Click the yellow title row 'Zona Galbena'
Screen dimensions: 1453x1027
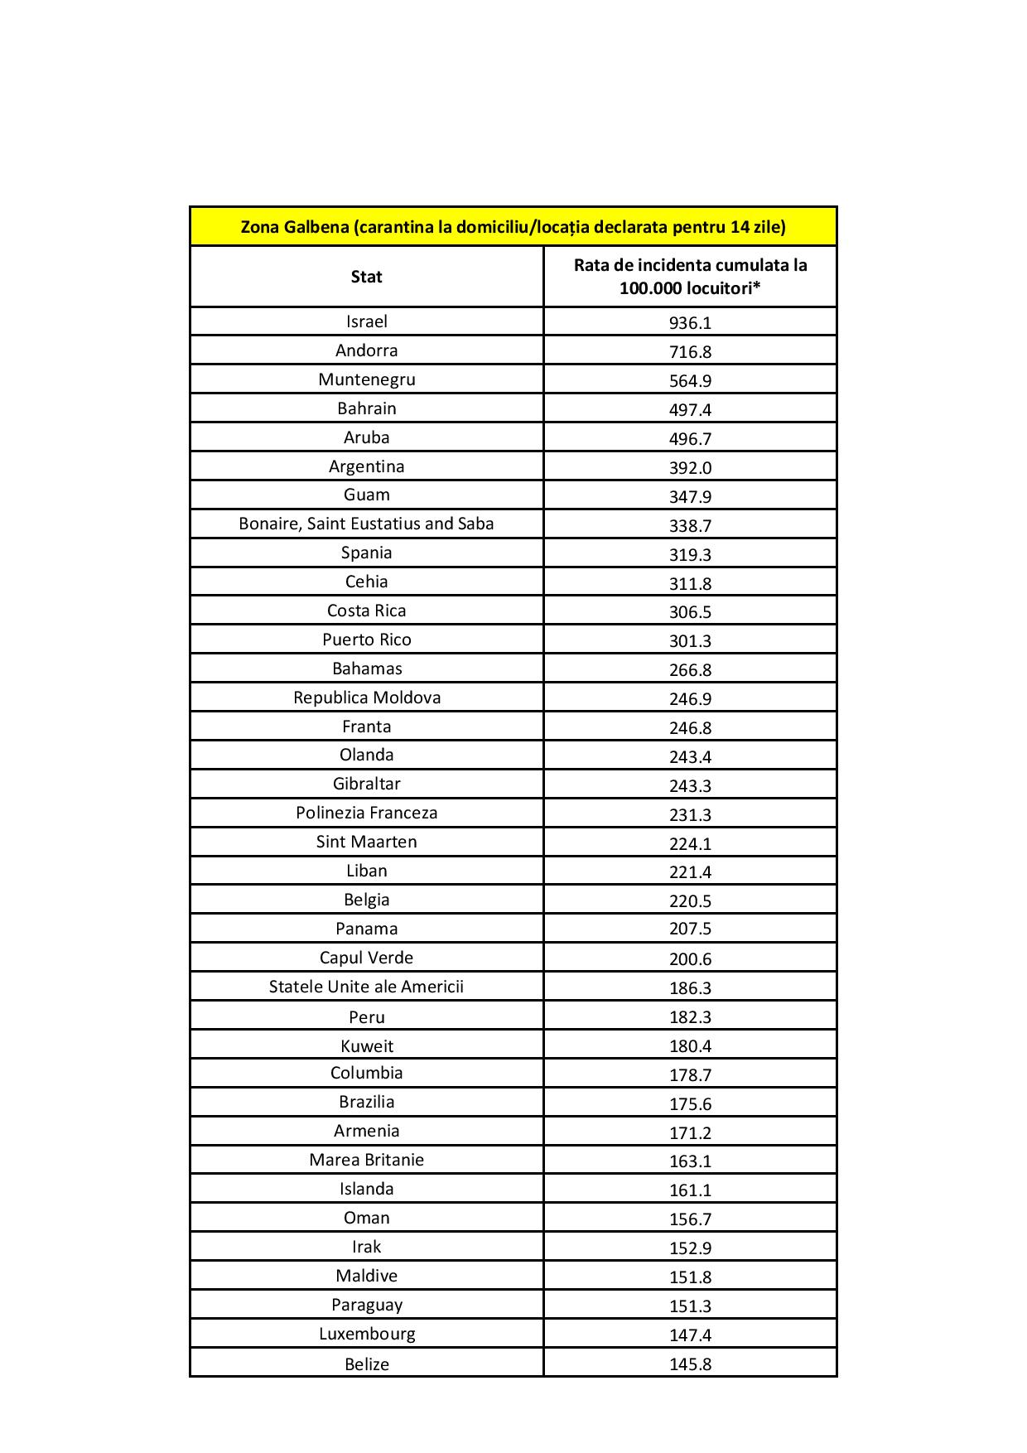point(513,226)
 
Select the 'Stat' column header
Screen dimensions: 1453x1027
point(366,277)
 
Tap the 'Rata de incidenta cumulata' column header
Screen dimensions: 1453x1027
point(690,277)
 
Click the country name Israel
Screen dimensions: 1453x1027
point(366,321)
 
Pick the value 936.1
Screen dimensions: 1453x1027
point(690,323)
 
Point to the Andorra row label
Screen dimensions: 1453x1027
point(366,350)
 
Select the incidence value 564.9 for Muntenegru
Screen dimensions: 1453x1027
point(690,381)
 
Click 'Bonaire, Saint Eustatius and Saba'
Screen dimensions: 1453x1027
point(366,524)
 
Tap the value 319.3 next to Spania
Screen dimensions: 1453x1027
point(690,554)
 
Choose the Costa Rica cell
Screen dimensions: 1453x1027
point(366,611)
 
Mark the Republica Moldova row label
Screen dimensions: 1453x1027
point(366,698)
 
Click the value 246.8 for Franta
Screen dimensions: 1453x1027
point(690,728)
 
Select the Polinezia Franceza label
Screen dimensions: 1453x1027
point(366,813)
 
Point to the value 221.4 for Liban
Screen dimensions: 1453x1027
point(690,871)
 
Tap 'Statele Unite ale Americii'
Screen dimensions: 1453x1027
point(366,987)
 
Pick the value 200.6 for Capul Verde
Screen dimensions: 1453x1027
point(690,959)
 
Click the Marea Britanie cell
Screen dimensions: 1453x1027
point(366,1160)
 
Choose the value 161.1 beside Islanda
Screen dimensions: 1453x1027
point(690,1190)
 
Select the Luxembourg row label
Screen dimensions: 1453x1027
point(366,1334)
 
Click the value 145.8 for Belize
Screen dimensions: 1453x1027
point(690,1364)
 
